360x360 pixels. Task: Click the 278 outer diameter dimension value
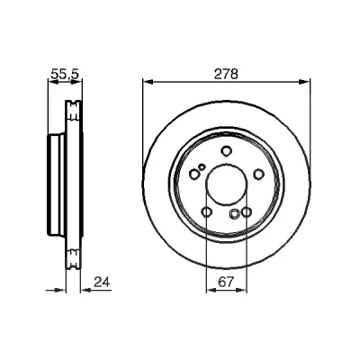pos(226,74)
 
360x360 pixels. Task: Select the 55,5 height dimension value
pos(66,74)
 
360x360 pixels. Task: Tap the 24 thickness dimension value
pos(102,282)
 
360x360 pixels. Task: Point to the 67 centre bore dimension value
pos(226,282)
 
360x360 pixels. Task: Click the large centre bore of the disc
pos(227,184)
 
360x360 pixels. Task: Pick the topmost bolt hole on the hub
pos(226,150)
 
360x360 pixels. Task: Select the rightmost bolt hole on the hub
pos(258,175)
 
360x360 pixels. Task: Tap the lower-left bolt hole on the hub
pos(207,212)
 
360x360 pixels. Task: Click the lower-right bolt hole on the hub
pos(246,212)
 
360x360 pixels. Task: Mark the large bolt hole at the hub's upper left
pos(194,174)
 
